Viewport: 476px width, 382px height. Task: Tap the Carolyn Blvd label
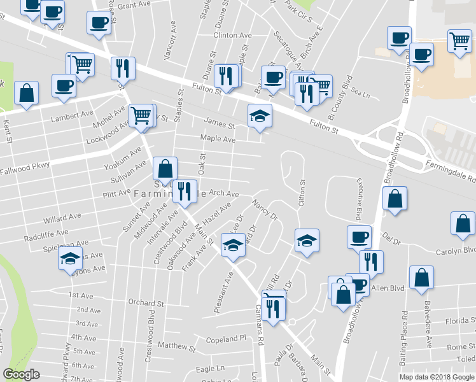tap(456, 251)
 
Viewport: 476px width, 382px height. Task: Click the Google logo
tap(21, 374)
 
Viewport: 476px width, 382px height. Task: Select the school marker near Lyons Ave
tap(70, 258)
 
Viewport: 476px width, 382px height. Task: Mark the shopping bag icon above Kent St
tap(27, 92)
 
